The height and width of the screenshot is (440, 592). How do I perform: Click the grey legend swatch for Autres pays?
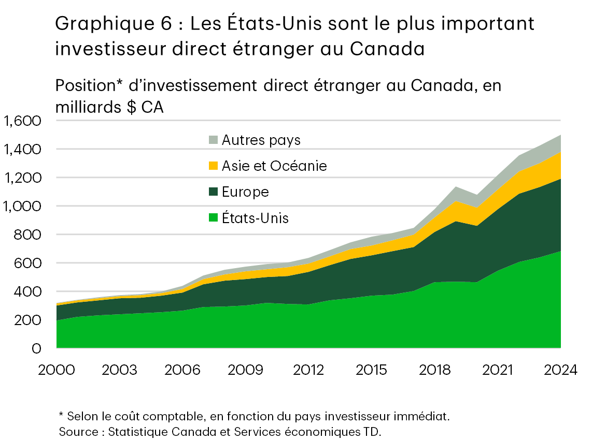pos(213,140)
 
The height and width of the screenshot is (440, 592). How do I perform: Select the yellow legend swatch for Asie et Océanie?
pos(213,166)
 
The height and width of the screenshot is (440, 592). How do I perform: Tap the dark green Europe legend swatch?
pos(213,192)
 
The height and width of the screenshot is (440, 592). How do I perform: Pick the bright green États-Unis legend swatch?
pos(213,218)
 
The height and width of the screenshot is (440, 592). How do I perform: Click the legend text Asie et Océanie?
pos(274,166)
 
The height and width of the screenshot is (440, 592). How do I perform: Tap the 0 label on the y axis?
pos(36,349)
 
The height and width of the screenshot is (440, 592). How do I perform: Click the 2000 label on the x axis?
pos(57,371)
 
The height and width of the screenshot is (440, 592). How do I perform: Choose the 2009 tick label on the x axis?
pos(245,371)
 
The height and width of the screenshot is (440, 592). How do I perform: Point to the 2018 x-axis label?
pos(434,371)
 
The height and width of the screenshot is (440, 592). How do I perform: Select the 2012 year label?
pos(308,371)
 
